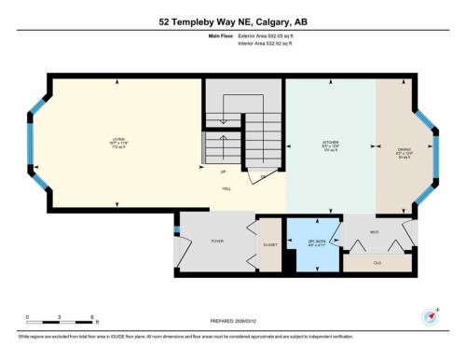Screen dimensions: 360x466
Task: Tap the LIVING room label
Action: (117, 142)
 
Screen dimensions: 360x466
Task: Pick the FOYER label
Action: (216, 241)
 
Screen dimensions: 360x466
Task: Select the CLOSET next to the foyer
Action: (270, 244)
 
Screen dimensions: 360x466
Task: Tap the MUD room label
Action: (375, 232)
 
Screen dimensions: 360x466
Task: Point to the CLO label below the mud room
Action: (377, 262)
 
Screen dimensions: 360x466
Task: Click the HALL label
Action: (226, 187)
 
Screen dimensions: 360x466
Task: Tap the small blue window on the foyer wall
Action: (176, 228)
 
